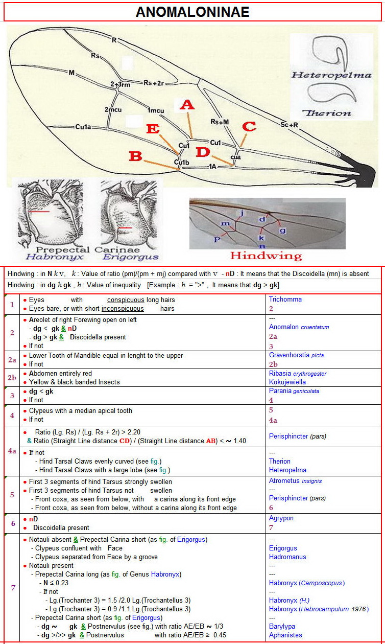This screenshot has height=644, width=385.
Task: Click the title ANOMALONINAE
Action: [192, 12]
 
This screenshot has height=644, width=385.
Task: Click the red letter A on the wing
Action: [187, 105]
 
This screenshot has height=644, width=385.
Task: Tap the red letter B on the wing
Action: [135, 156]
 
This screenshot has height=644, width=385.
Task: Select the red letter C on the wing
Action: [249, 126]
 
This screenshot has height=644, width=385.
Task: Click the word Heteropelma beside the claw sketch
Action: [331, 75]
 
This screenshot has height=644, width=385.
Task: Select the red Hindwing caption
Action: [266, 256]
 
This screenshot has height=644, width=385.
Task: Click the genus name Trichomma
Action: [285, 300]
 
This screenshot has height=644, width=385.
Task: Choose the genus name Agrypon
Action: [281, 518]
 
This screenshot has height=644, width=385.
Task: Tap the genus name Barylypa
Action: [282, 626]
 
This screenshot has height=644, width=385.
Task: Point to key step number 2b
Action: [12, 378]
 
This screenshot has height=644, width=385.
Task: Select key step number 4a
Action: [12, 451]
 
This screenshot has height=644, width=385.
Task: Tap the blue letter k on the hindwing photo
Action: [261, 238]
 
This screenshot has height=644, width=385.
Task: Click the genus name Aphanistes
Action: [285, 635]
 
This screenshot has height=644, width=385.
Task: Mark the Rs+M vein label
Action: [220, 121]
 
